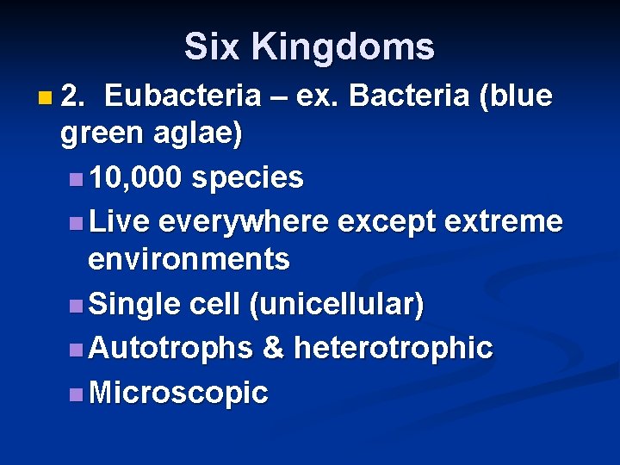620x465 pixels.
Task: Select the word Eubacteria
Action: (x=183, y=96)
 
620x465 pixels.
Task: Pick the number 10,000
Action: (x=135, y=177)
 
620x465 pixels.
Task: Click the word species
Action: (x=247, y=177)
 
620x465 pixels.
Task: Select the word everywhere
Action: (x=244, y=221)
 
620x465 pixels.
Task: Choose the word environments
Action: (x=189, y=258)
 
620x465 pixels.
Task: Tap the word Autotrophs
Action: (x=170, y=348)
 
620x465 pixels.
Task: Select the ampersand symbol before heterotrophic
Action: (x=273, y=348)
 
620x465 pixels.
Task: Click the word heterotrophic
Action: (x=394, y=348)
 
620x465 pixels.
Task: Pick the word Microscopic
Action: (x=178, y=393)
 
